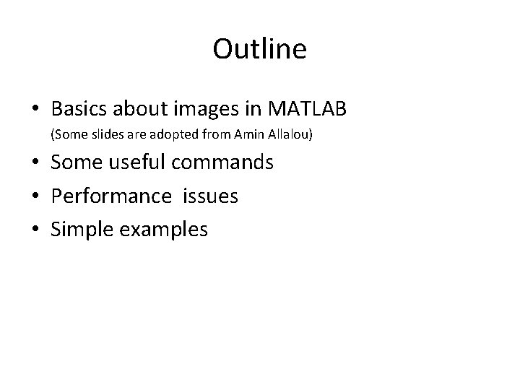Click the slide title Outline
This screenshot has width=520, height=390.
pos(260,49)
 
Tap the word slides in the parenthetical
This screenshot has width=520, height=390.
pos(102,134)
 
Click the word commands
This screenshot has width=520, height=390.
pos(222,162)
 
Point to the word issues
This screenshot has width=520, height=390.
pos(211,196)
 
